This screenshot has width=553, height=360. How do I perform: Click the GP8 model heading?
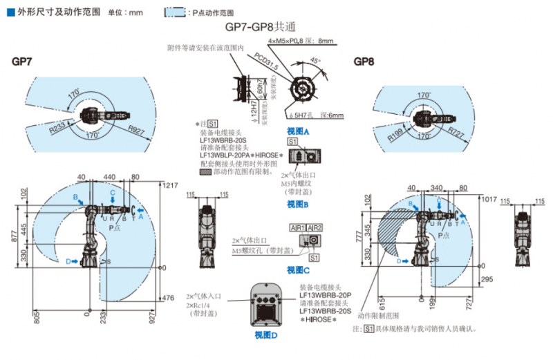[x=364, y=62]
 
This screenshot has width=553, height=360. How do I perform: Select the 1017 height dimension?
[x=489, y=199]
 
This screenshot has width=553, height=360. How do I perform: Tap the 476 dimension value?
[x=168, y=298]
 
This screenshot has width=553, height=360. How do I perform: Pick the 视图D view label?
[x=265, y=335]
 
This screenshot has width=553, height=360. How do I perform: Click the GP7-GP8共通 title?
[x=261, y=28]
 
